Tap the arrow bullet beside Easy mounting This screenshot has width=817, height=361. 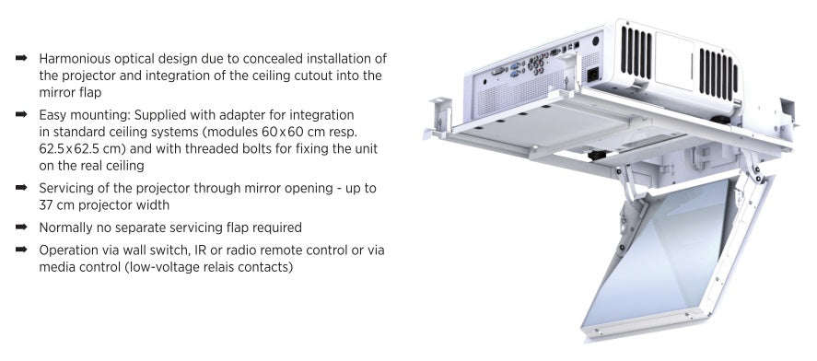point(21,113)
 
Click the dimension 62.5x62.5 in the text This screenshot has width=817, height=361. point(73,149)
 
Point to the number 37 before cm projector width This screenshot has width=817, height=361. point(46,205)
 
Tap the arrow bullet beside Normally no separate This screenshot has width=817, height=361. point(21,227)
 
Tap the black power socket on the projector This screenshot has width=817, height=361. point(592,75)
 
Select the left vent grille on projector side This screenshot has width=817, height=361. point(636,52)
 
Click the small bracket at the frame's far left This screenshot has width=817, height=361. point(439,113)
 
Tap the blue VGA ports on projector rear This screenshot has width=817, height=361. point(514,70)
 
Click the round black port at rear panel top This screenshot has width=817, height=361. point(595,41)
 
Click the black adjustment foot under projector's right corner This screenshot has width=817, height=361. point(719,119)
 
